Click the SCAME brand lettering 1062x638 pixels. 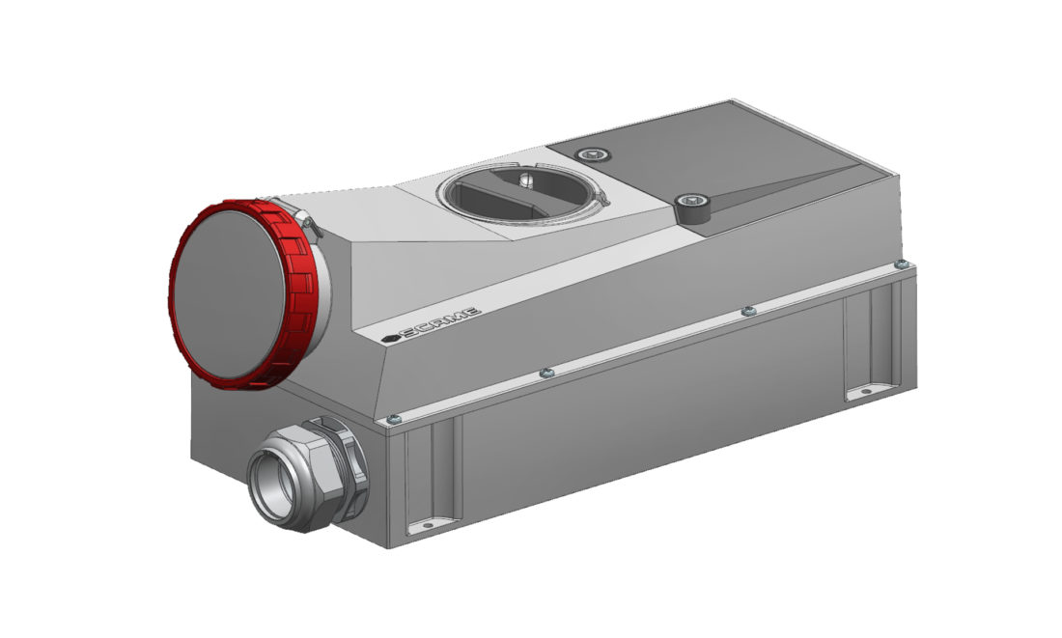tap(440, 321)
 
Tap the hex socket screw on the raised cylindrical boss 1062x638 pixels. tap(691, 201)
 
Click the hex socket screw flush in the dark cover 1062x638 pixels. tap(594, 154)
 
